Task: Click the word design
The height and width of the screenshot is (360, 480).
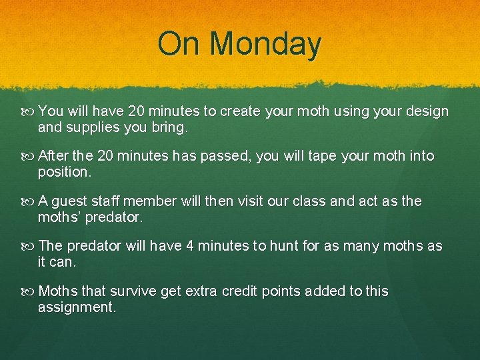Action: pos(426,111)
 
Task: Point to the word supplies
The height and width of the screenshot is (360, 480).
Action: pos(91,127)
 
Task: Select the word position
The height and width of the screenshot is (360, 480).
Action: pos(64,171)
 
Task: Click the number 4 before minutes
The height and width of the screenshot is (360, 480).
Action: pos(190,246)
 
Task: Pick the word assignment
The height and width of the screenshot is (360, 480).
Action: pos(77,307)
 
